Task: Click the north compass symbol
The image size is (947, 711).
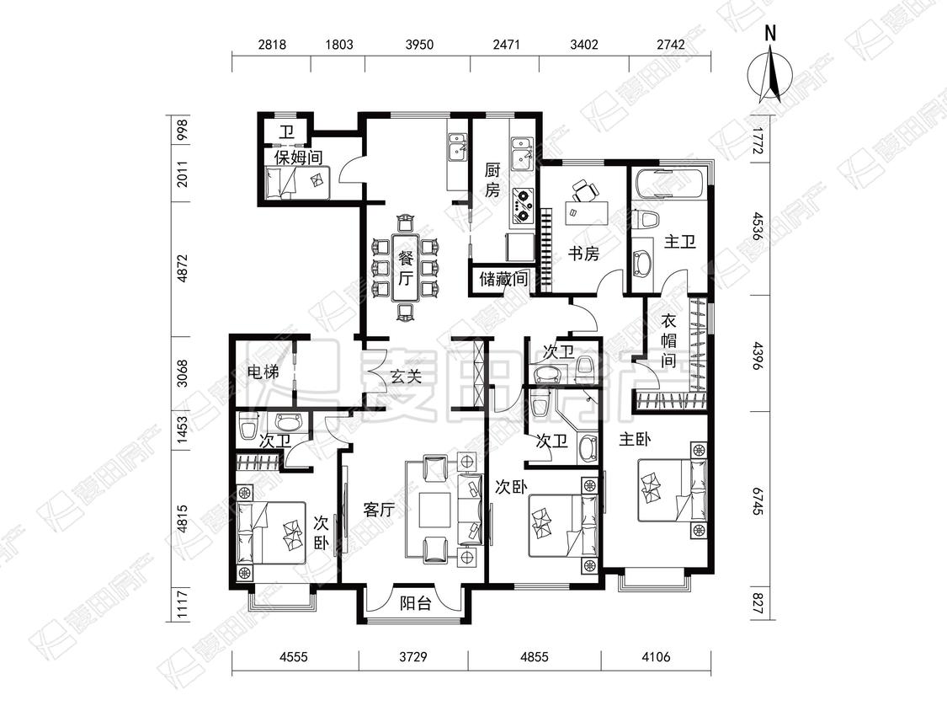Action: (770, 72)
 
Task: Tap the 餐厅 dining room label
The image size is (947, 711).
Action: (406, 269)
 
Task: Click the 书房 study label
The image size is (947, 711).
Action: (583, 254)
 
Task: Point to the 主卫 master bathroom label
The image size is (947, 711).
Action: (680, 242)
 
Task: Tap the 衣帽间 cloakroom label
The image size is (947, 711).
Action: (668, 341)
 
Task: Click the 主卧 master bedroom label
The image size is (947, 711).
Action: (635, 439)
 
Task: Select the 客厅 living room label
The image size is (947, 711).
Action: (379, 510)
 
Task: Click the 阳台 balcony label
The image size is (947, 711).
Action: (416, 603)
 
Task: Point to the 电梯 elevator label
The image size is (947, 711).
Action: (264, 372)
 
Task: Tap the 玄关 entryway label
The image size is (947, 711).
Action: (405, 377)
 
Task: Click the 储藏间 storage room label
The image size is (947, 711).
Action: (503, 280)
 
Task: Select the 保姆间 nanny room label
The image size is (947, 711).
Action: (298, 158)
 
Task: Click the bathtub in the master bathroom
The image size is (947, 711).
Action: (668, 183)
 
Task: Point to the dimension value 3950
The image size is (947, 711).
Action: (419, 45)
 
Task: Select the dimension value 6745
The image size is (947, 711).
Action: (758, 502)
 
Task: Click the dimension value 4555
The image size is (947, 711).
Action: (293, 656)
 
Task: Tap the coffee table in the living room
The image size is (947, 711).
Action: (435, 511)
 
